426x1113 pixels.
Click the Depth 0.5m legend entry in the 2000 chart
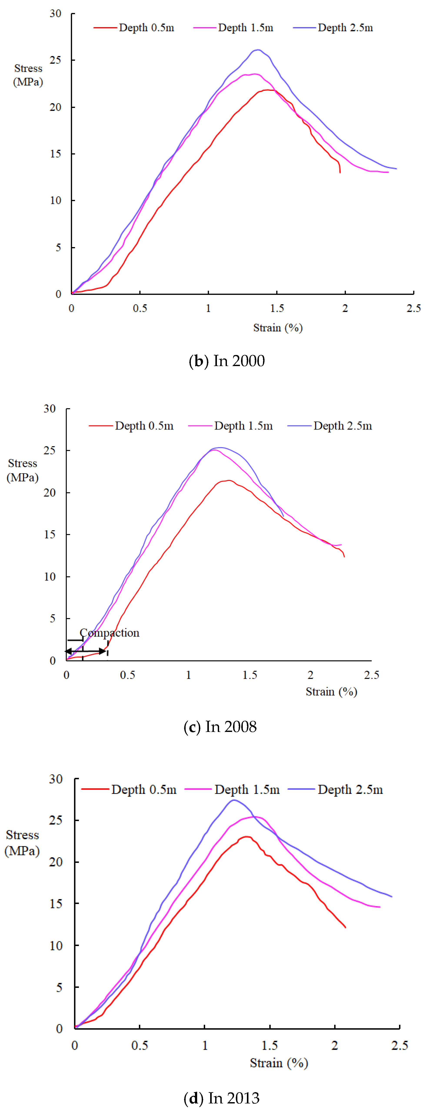point(134,28)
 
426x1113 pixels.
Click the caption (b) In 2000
point(227,361)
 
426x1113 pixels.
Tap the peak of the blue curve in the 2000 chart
point(258,50)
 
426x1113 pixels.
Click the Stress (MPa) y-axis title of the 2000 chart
point(28,75)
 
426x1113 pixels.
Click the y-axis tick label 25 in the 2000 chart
point(55,60)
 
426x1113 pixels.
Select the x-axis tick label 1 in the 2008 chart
point(188,675)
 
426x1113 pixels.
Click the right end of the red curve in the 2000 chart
point(340,173)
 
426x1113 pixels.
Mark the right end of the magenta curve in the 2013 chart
point(380,907)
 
